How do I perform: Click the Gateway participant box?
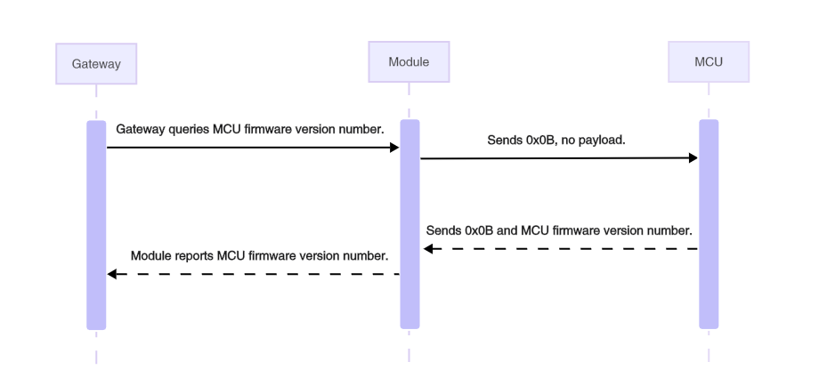click(96, 64)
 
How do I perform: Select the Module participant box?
click(409, 62)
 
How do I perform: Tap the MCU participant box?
click(709, 62)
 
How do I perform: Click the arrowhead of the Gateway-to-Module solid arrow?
click(394, 148)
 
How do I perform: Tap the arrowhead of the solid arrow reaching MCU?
click(693, 158)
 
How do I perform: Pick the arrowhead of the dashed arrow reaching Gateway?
click(112, 274)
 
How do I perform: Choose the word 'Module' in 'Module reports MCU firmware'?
click(150, 256)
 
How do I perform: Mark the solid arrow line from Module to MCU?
click(552, 158)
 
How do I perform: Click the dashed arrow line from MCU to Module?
click(561, 249)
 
